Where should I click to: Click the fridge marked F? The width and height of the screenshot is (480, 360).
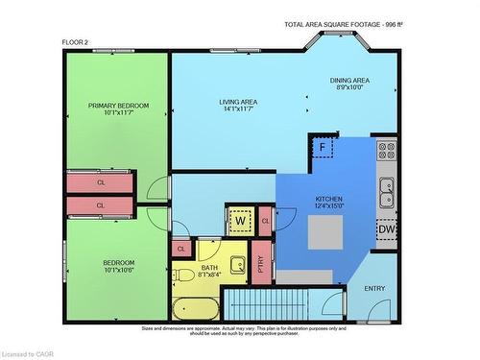tap(323, 148)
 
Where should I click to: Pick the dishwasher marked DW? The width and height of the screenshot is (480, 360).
tap(386, 230)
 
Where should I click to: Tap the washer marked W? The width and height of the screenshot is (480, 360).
tap(240, 220)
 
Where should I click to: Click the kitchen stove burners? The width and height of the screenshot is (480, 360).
tap(387, 151)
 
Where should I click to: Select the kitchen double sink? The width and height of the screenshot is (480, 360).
tap(387, 192)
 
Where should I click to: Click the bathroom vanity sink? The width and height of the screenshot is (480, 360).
tap(238, 264)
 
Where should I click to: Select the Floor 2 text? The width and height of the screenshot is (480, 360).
tap(76, 41)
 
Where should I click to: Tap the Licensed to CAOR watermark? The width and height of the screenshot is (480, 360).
tap(29, 353)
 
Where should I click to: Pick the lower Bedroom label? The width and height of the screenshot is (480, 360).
tap(119, 265)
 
